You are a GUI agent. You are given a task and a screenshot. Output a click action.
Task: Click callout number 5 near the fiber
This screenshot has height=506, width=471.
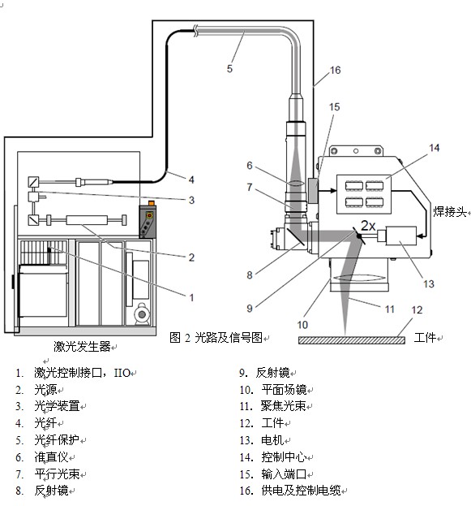click(229, 68)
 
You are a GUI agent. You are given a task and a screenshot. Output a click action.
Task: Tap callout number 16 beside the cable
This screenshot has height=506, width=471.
click(335, 70)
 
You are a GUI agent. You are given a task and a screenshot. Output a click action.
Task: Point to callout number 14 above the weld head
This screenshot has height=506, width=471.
click(435, 148)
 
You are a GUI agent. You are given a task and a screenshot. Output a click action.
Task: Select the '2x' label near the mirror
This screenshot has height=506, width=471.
click(368, 225)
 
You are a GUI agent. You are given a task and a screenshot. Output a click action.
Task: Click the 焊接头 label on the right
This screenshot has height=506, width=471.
click(450, 212)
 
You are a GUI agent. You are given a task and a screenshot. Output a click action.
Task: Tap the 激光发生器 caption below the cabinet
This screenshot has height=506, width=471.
click(82, 346)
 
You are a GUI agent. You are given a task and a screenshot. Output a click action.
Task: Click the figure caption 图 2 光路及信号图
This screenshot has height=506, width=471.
click(216, 338)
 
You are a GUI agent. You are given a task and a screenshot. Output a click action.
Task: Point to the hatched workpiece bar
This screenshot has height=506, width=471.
click(352, 340)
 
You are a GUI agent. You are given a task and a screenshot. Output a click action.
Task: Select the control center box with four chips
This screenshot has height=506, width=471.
click(364, 194)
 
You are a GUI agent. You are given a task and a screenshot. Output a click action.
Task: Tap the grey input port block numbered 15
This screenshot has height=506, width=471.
click(313, 190)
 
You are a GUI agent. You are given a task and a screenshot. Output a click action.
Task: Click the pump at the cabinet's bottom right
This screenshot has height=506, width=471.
click(141, 314)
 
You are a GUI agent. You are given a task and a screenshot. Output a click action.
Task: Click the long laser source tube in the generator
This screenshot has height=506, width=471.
click(87, 220)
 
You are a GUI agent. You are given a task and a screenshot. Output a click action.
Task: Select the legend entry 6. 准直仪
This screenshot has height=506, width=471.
click(45, 457)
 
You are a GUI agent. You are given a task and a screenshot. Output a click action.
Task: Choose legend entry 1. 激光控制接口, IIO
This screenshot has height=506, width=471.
click(73, 373)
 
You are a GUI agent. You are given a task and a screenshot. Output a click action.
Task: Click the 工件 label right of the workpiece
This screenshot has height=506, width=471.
click(426, 338)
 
